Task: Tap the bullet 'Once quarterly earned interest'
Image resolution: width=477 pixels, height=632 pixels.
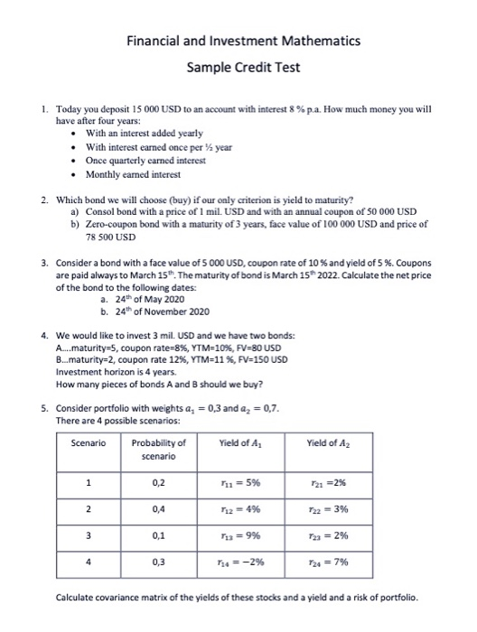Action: point(143,160)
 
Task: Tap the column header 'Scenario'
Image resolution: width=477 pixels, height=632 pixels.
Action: point(88,442)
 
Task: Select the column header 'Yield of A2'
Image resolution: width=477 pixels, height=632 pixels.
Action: point(365,442)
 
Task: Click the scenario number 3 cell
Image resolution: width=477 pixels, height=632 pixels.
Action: point(88,535)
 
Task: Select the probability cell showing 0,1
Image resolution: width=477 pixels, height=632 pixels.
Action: point(159,535)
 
